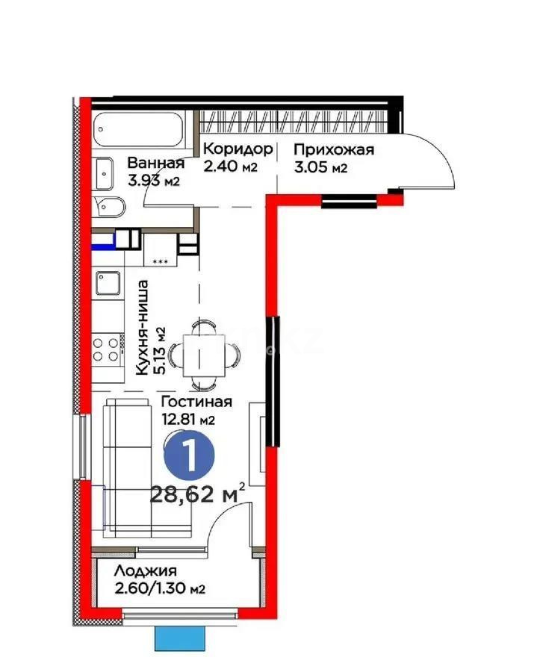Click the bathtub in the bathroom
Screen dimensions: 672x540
click(x=142, y=131)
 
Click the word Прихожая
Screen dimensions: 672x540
click(x=333, y=149)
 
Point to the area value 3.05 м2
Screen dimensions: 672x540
click(x=320, y=168)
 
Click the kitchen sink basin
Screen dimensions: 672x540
click(x=108, y=284)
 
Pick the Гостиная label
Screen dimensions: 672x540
click(x=196, y=402)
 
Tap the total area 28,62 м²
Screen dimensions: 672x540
click(x=198, y=494)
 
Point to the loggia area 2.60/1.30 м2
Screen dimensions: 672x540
click(x=160, y=589)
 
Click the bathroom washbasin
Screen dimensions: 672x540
click(x=105, y=173)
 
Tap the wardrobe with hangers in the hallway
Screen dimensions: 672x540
click(x=294, y=120)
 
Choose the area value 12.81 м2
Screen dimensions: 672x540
click(x=189, y=419)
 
